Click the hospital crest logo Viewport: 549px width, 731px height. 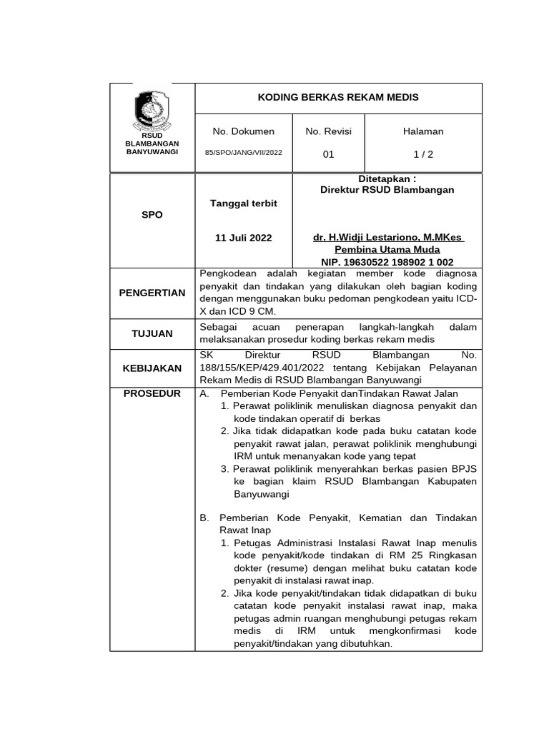(152, 110)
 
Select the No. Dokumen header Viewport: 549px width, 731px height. (244, 131)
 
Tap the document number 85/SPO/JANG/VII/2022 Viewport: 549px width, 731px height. (244, 153)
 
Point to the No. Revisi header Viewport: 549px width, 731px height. (328, 131)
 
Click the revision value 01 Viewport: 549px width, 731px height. (328, 153)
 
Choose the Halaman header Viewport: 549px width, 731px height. (423, 131)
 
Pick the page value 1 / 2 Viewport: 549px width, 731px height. (423, 153)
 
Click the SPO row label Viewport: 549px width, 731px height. (152, 215)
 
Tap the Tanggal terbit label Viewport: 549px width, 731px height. (243, 203)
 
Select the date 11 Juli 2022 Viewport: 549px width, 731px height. (243, 238)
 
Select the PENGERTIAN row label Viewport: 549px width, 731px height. (152, 293)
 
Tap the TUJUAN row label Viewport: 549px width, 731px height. (152, 333)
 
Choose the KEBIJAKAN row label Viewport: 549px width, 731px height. (152, 368)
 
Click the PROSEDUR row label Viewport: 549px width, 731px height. (152, 393)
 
